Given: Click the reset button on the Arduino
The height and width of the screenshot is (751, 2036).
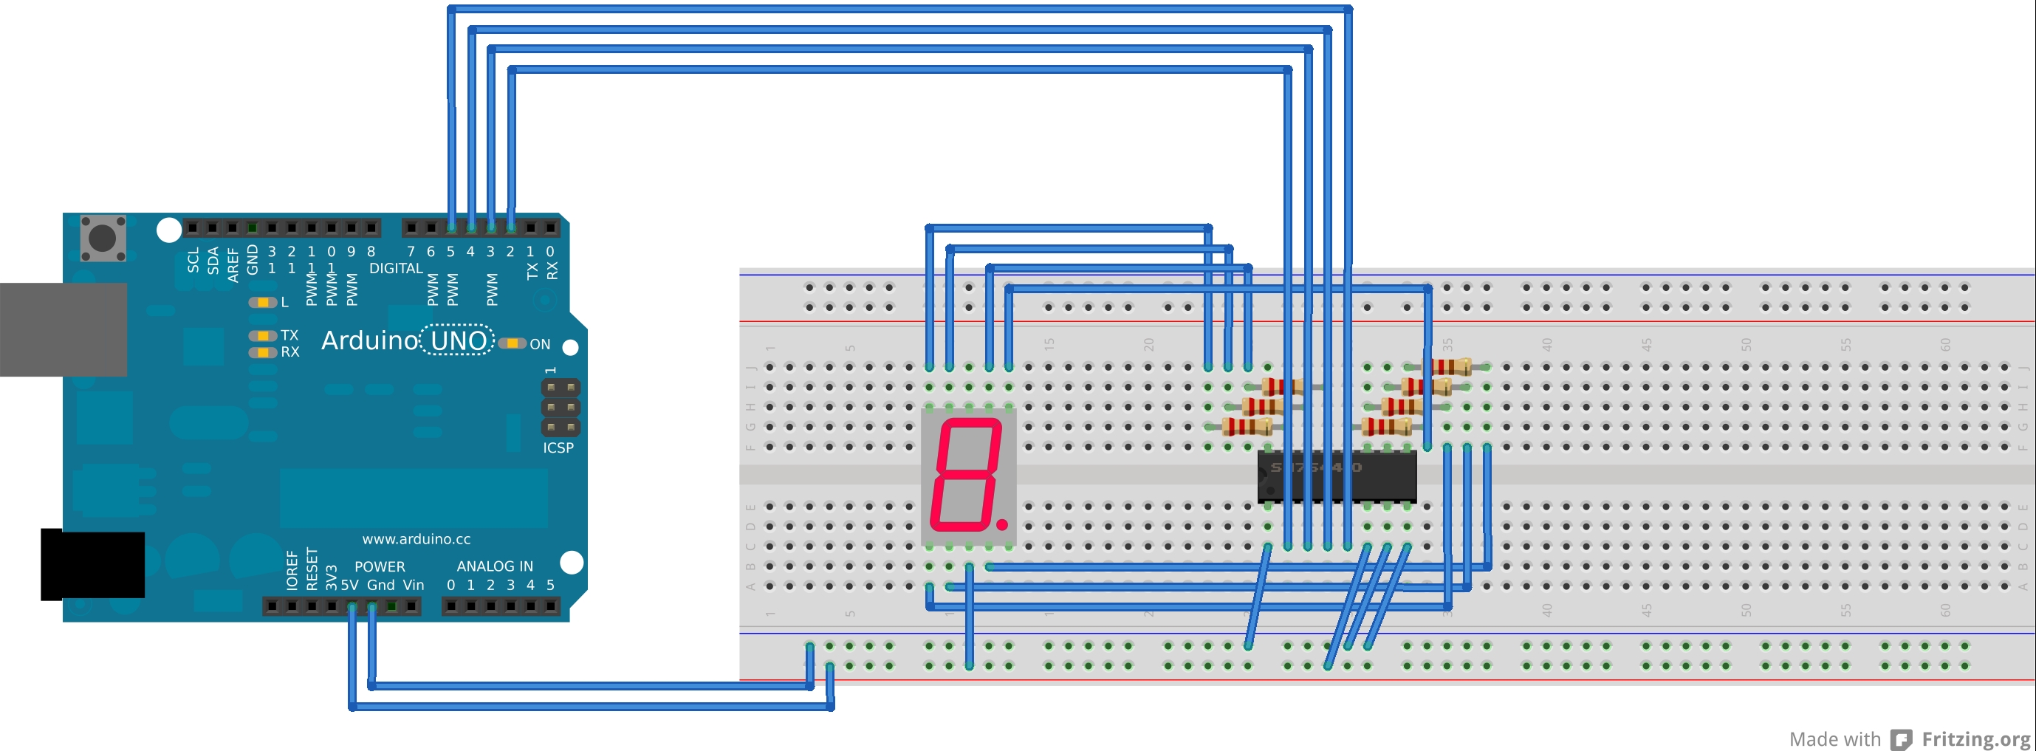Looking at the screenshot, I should (x=103, y=237).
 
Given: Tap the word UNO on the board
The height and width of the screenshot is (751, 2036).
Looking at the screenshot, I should (x=459, y=340).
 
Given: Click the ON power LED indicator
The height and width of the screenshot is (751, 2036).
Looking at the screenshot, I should (x=513, y=343).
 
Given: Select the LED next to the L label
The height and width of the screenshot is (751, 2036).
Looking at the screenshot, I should (x=261, y=302).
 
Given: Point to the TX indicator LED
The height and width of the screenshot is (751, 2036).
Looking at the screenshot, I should (x=261, y=336).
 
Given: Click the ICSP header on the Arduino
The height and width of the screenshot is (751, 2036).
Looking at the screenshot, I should (x=561, y=408).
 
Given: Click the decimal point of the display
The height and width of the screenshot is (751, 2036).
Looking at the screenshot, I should (x=1002, y=524).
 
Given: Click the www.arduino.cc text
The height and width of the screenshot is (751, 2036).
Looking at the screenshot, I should (x=416, y=539).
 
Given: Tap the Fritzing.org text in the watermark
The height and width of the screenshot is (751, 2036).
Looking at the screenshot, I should (x=1975, y=738).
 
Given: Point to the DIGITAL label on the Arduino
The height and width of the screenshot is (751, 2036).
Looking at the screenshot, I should (x=396, y=269).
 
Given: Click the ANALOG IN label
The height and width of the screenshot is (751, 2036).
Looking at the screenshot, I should (x=495, y=566).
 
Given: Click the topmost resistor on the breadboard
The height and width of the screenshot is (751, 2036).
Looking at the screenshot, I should (x=1451, y=367).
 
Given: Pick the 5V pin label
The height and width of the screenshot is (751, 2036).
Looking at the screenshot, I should (x=349, y=586).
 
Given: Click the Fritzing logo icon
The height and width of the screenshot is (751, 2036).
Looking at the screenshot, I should (x=1901, y=739).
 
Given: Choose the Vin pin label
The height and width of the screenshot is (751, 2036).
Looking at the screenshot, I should (x=414, y=586).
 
